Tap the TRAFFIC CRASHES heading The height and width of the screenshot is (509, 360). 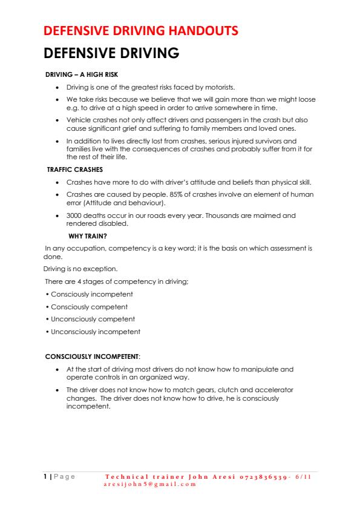click(74, 169)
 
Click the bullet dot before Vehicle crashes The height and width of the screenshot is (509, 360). click(57, 120)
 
